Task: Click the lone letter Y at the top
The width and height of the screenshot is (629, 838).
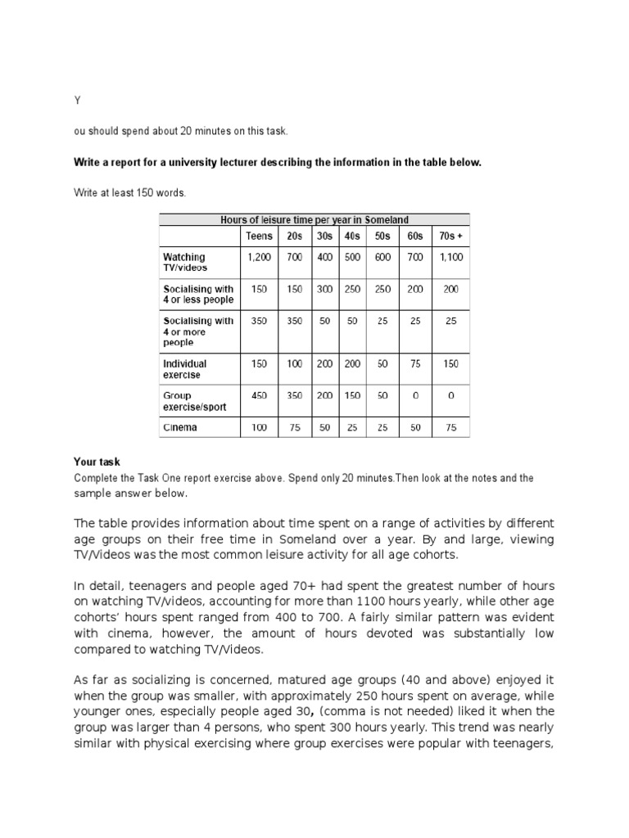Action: [77, 100]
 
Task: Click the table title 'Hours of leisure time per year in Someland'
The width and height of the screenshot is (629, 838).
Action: [314, 219]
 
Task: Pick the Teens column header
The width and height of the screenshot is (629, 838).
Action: [260, 236]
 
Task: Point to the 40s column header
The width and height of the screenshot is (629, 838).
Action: [353, 236]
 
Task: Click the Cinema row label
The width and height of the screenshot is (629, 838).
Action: [180, 427]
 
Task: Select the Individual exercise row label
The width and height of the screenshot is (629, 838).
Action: [186, 369]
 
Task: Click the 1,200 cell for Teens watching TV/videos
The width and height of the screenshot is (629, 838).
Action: [260, 257]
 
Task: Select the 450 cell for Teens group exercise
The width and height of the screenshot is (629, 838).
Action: [260, 395]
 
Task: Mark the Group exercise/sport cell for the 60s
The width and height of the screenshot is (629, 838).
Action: [415, 395]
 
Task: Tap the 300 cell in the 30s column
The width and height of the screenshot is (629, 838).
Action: [326, 289]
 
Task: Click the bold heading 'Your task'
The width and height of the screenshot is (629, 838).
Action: [97, 462]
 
